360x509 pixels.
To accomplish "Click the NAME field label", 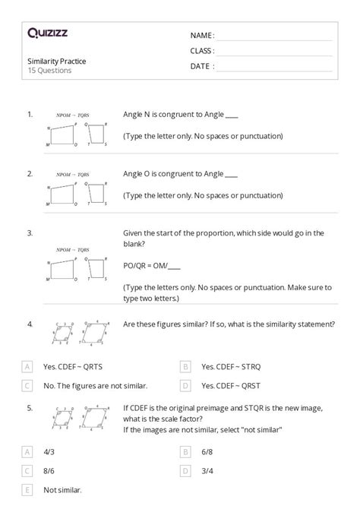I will tap(202, 35).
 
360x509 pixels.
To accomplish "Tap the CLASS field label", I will tap(202, 51).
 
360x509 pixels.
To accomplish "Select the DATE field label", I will tap(202, 66).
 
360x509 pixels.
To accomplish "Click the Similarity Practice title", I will tap(57, 62).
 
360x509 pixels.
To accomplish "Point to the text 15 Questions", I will tap(49, 71).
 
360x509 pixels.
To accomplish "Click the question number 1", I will tap(30, 114).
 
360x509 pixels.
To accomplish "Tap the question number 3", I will tap(30, 232).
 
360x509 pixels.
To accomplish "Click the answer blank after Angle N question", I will tap(232, 115).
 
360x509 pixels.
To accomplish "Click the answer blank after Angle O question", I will tap(232, 175).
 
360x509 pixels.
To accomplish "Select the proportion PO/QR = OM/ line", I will tap(152, 266).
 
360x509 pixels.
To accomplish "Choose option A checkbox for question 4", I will tap(28, 366).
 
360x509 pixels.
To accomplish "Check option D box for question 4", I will tap(186, 386).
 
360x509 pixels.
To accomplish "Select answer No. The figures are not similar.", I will tap(95, 386).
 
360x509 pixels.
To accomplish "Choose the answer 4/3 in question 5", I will tap(48, 451).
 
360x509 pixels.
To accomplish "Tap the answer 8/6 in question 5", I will tap(48, 471).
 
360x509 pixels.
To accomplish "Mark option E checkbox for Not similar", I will tap(28, 491).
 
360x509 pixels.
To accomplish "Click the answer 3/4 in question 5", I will tap(207, 471).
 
